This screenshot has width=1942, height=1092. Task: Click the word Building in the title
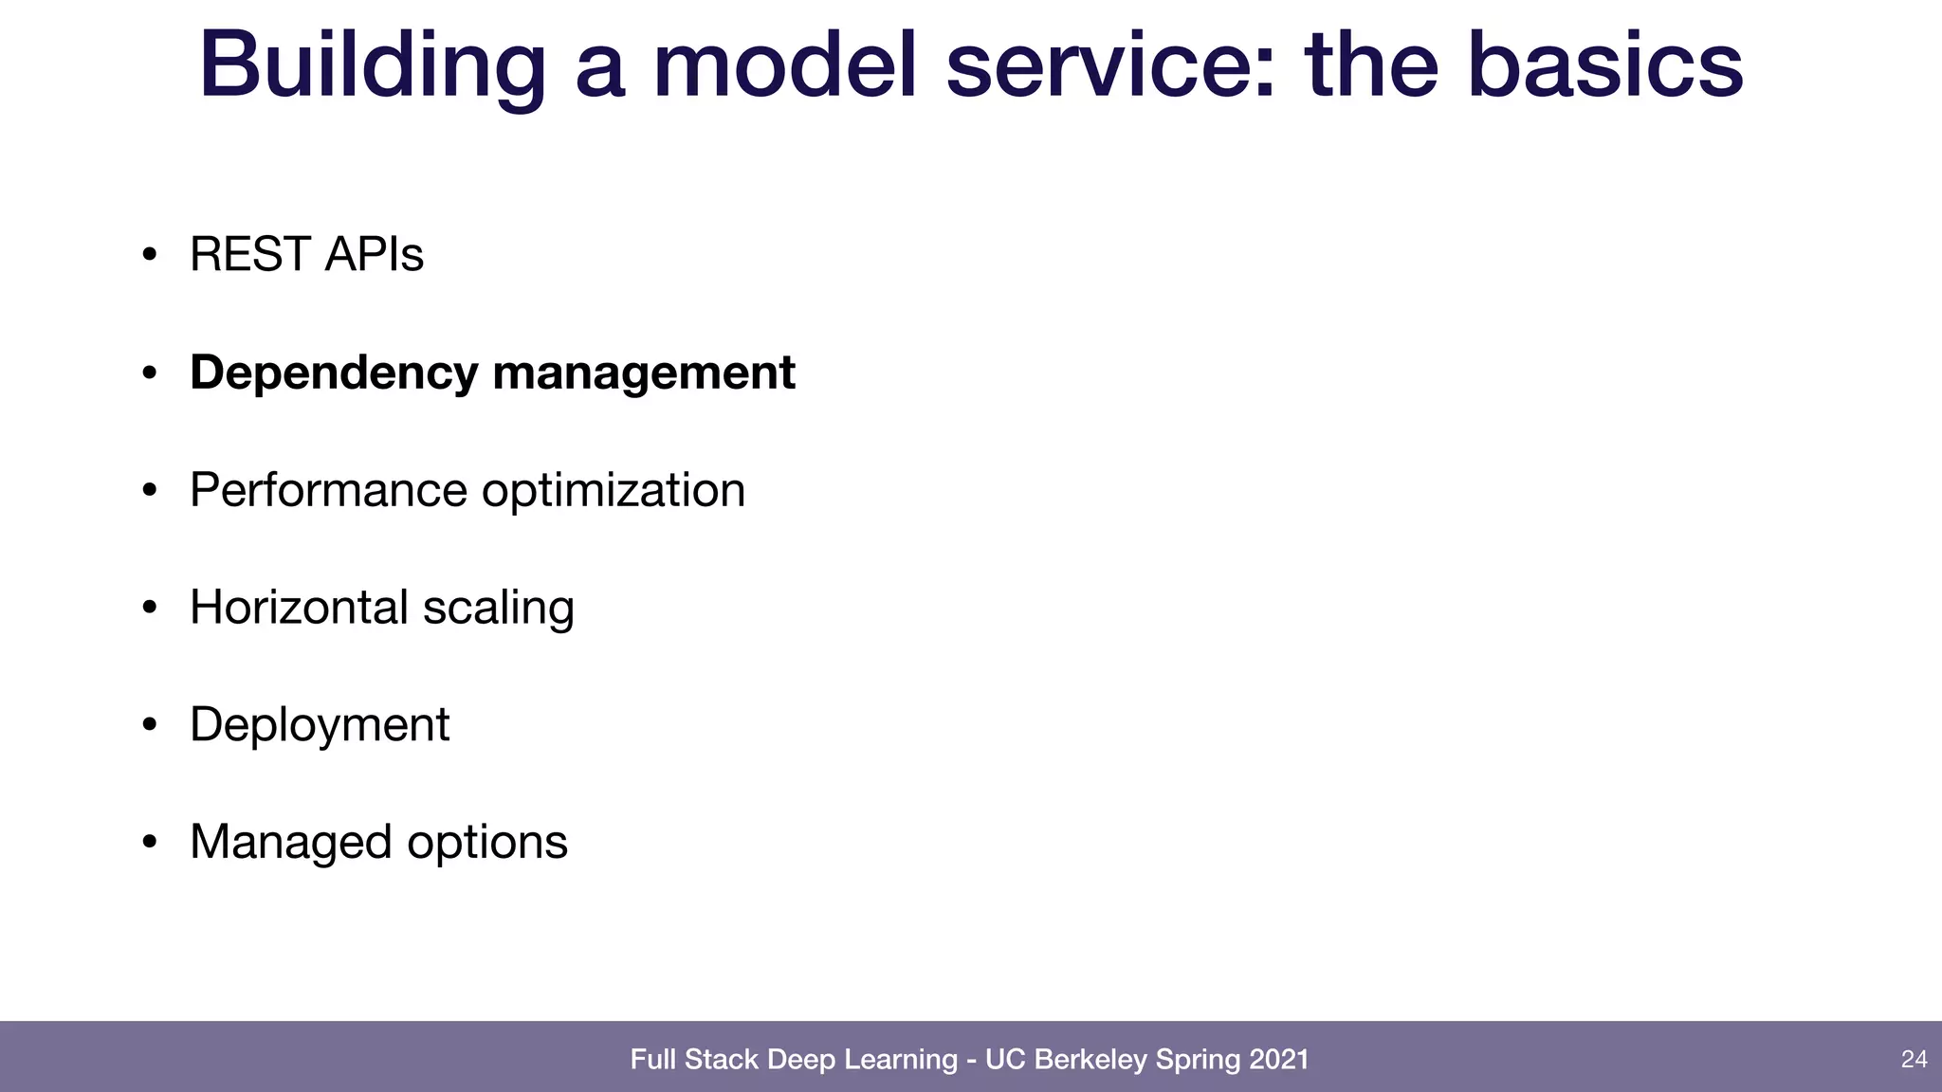(x=373, y=66)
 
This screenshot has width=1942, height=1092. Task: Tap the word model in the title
(x=784, y=66)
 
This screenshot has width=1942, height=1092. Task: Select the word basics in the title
(x=1604, y=66)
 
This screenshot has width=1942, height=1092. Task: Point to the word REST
(x=249, y=254)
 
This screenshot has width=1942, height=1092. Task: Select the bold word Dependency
(x=334, y=373)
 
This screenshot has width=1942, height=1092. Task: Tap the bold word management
(x=644, y=373)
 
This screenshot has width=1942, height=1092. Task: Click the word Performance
(x=328, y=490)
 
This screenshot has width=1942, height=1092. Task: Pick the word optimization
(x=613, y=490)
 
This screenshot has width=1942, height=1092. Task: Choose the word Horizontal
(x=299, y=608)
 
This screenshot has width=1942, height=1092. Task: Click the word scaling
(x=498, y=608)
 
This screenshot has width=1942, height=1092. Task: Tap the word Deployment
(x=320, y=725)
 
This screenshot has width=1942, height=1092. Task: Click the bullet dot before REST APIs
(x=149, y=255)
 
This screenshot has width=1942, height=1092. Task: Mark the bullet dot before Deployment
(x=149, y=726)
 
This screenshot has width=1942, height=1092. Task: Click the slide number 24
(x=1914, y=1059)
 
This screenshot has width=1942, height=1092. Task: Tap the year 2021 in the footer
(x=1278, y=1059)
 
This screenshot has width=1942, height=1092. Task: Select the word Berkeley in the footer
(x=1090, y=1059)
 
